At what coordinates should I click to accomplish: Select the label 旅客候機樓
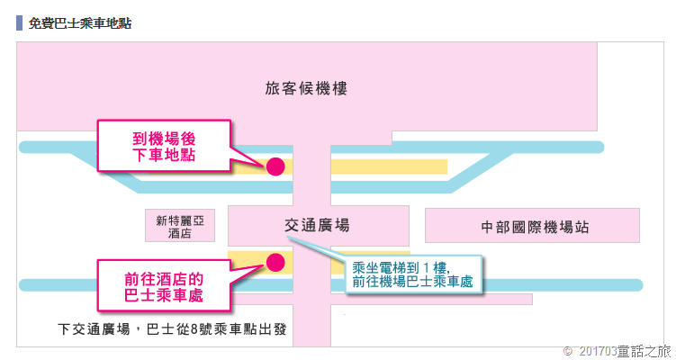coord(306,88)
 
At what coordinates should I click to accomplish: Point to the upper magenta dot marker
coord(275,166)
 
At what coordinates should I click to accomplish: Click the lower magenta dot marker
coord(275,262)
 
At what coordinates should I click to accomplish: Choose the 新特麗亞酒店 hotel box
coord(180,226)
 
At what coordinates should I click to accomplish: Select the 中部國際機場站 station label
coord(535,226)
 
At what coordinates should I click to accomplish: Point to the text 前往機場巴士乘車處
coord(413,283)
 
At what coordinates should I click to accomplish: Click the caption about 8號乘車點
coord(171,328)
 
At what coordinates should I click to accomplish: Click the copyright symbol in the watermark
coord(567,349)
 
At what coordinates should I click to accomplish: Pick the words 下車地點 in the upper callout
coord(164,156)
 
